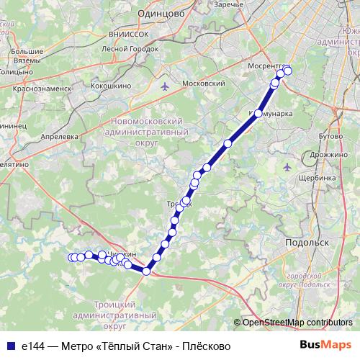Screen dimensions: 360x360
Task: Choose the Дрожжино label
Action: pos(330,154)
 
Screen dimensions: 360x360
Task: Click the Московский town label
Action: pos(204,84)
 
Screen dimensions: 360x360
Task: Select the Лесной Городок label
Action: pos(130,49)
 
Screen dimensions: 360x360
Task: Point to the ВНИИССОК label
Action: pos(120,33)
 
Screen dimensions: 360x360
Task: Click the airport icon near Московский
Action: pos(167,86)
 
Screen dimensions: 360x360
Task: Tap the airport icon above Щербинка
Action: pos(288,167)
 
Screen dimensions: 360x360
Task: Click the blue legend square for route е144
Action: pos(10,346)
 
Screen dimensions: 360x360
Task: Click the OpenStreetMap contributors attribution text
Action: pos(297,323)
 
